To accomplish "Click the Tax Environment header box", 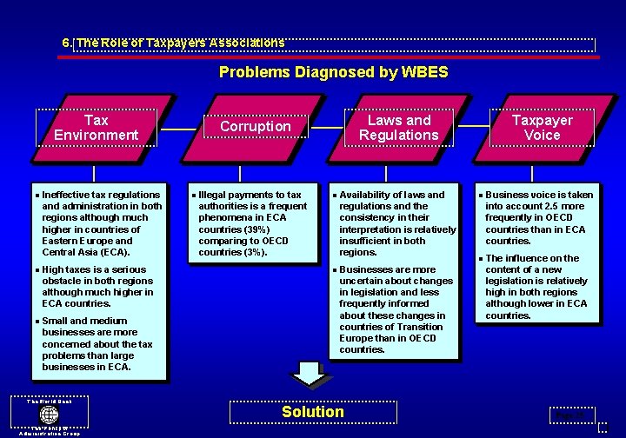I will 96,128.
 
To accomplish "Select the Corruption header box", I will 255,127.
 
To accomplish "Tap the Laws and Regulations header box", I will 398,128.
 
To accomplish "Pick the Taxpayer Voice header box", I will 542,128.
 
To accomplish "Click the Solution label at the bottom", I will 313,412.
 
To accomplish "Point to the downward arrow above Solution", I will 307,373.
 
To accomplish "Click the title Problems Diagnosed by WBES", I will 333,72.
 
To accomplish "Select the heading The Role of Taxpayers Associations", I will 174,42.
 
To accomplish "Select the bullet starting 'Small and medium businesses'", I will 97,344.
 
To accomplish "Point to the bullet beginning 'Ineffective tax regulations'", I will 101,223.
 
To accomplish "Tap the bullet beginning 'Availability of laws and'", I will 396,223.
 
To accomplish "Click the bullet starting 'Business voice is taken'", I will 538,217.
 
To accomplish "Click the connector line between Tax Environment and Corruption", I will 179,129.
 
